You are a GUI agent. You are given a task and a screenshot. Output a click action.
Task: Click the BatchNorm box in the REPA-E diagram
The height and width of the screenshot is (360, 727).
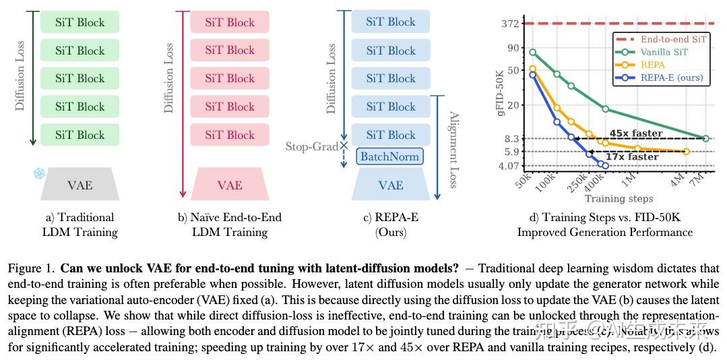pyautogui.click(x=390, y=157)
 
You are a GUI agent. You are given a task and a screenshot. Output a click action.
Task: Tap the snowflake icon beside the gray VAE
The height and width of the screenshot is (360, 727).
pyautogui.click(x=38, y=173)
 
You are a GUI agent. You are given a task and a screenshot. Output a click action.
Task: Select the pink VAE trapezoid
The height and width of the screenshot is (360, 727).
pyautogui.click(x=230, y=185)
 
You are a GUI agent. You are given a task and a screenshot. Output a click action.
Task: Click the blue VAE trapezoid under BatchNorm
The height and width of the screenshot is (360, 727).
pyautogui.click(x=391, y=185)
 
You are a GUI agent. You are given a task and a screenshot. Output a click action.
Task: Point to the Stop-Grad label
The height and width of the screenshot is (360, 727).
pyautogui.click(x=312, y=146)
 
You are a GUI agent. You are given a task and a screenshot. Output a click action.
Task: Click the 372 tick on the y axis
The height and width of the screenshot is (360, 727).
pyautogui.click(x=510, y=24)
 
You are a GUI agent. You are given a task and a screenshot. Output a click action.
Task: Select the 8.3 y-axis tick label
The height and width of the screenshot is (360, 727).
pyautogui.click(x=511, y=139)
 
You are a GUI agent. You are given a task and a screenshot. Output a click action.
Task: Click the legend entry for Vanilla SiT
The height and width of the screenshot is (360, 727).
pyautogui.click(x=664, y=52)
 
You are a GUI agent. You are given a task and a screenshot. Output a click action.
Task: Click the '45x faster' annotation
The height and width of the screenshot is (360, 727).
pyautogui.click(x=636, y=133)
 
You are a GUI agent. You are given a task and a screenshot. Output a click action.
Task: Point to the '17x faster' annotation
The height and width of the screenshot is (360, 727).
pyautogui.click(x=632, y=157)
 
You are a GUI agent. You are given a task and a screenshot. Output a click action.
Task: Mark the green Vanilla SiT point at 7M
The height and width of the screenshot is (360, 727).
pyautogui.click(x=706, y=138)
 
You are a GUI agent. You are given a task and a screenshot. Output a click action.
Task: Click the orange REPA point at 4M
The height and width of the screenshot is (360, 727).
pyautogui.click(x=686, y=152)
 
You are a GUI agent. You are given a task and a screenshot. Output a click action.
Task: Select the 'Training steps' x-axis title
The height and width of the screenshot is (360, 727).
pyautogui.click(x=619, y=199)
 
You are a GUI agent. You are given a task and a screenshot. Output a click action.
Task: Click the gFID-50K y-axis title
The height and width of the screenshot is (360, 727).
pyautogui.click(x=501, y=95)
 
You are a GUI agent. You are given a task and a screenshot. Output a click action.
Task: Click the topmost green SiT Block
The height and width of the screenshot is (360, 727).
pyautogui.click(x=80, y=22)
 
